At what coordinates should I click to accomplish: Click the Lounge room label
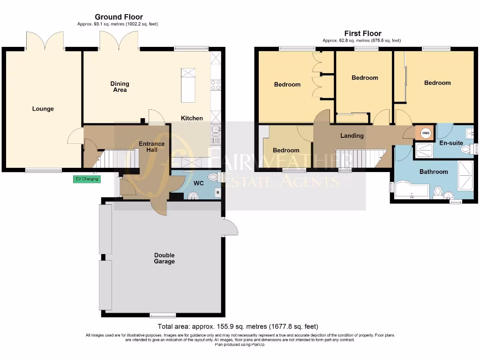coord(43,109)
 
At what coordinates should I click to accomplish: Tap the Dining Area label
coord(120,87)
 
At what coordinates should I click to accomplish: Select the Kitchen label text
coord(192,118)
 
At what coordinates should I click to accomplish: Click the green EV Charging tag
coord(87,179)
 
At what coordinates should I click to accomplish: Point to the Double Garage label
coord(165,258)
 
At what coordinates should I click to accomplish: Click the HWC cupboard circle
coord(426,134)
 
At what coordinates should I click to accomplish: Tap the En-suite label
coord(450,142)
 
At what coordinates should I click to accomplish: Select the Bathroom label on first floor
coord(434,172)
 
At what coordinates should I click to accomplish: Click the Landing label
coord(352,135)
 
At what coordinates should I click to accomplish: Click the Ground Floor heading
coord(119,17)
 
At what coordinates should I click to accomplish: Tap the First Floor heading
coord(362,33)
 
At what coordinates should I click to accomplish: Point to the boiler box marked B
coord(217,192)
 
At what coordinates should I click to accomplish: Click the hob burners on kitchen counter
coord(216,85)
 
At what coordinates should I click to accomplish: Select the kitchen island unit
coord(188,85)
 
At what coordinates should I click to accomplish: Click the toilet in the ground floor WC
coord(213,177)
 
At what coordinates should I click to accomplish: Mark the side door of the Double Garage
coord(231,227)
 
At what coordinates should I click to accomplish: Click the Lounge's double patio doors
coord(45,41)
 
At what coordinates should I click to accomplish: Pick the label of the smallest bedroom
coord(286,150)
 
